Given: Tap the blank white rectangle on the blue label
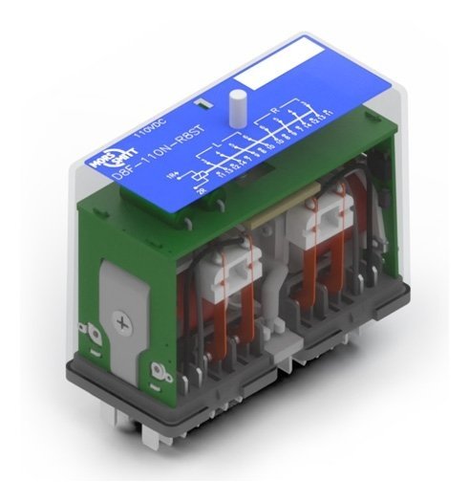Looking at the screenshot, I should (263, 71).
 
